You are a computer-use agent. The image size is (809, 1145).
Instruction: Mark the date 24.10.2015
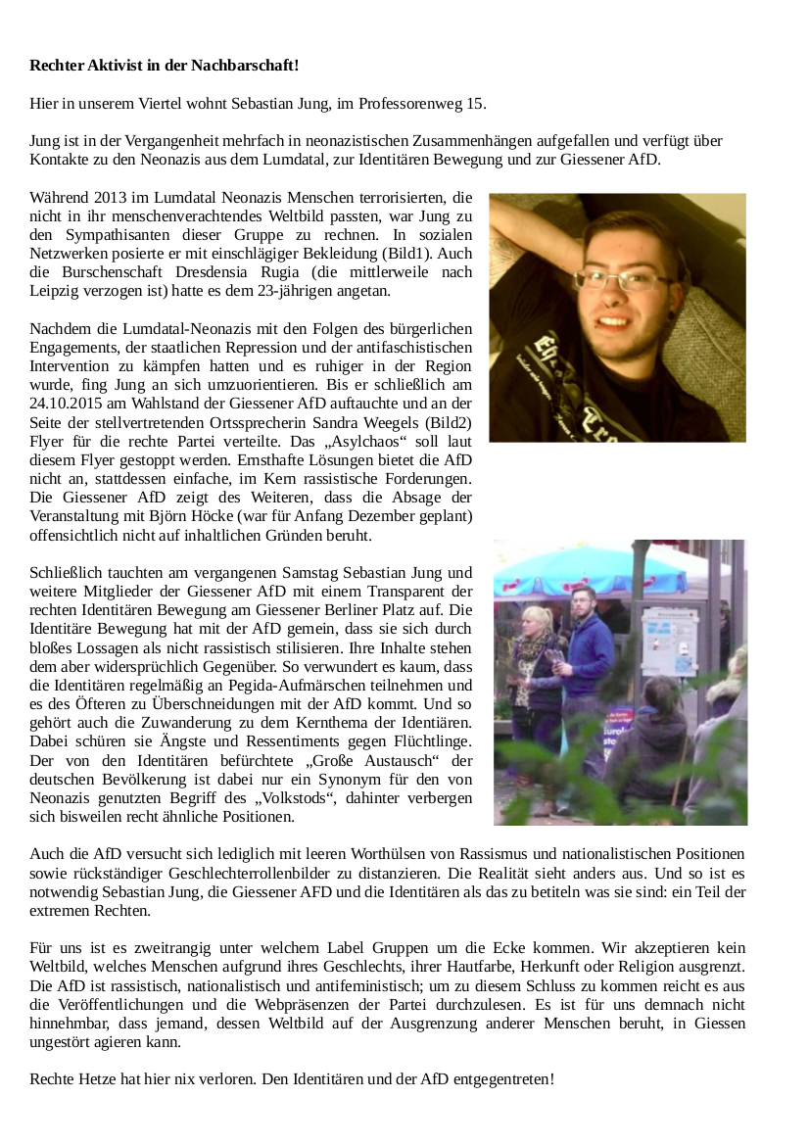pos(71,404)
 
